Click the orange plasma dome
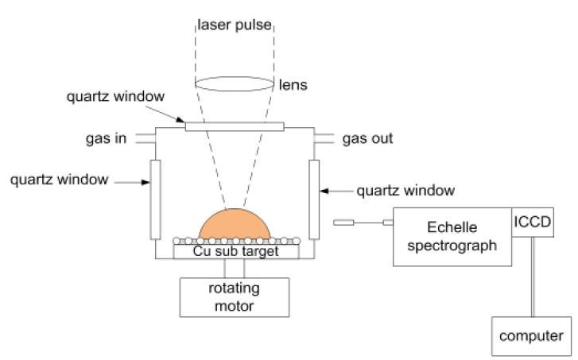(x=234, y=223)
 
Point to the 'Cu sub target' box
(x=236, y=251)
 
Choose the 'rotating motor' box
(x=235, y=296)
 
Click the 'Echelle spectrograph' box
(x=452, y=237)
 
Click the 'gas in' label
(x=106, y=138)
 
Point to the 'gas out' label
(x=367, y=138)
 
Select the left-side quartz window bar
(x=154, y=199)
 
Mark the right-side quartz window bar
(x=314, y=199)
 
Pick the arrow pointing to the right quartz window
(x=339, y=191)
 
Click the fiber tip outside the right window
(x=343, y=222)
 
